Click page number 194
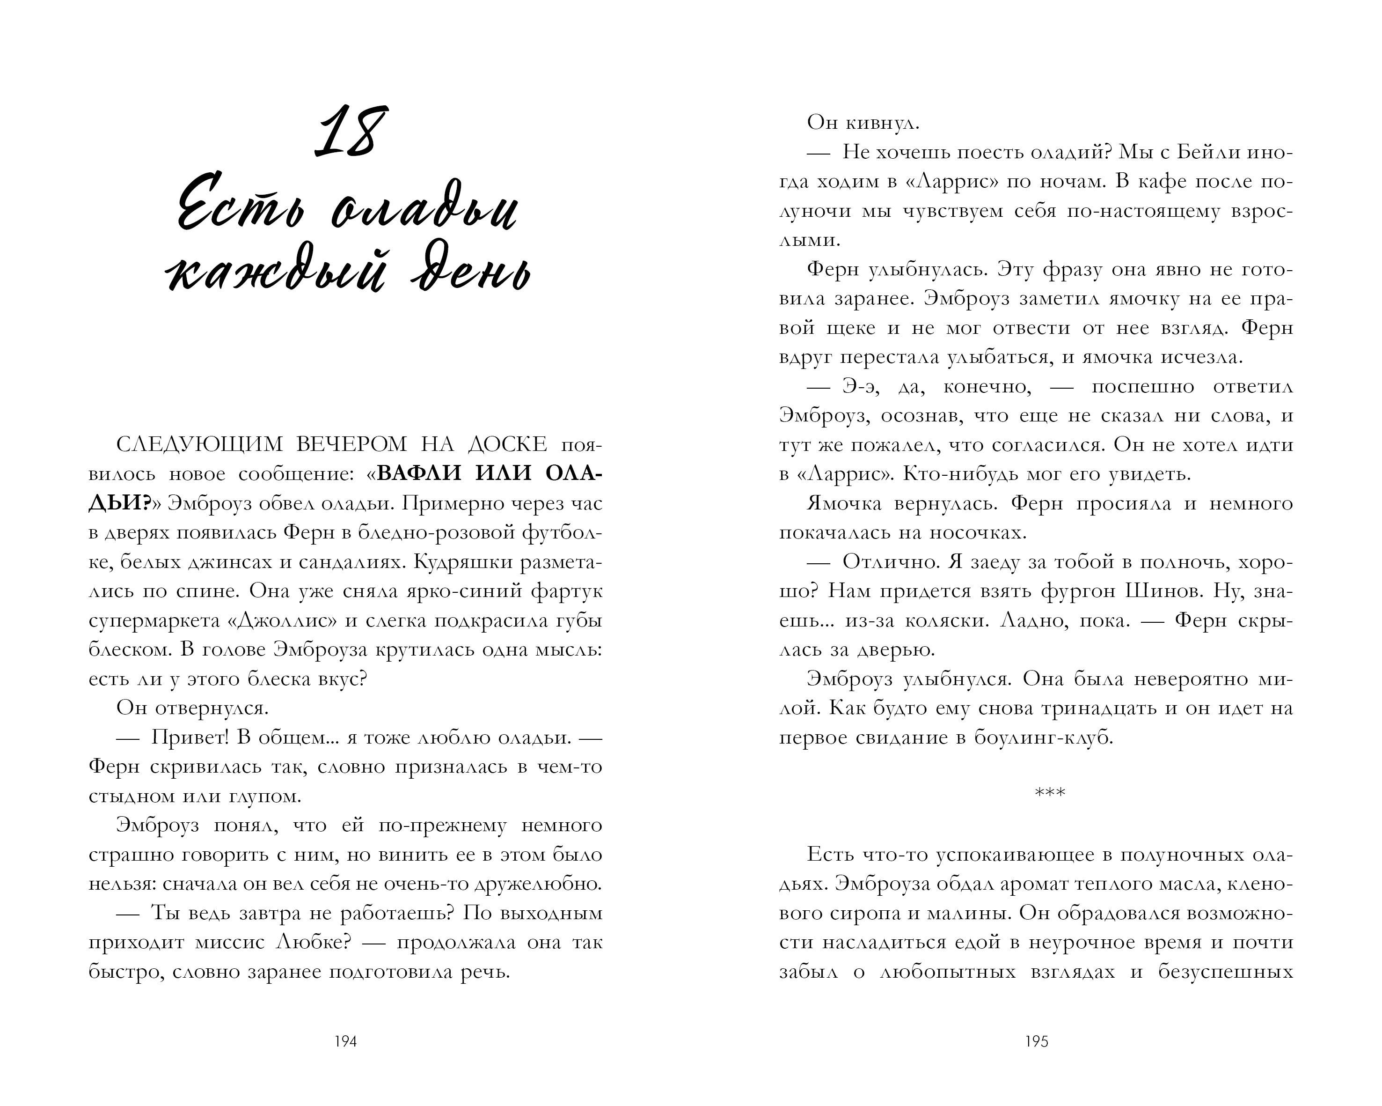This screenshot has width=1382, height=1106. click(345, 1042)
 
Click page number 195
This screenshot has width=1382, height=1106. click(1037, 1042)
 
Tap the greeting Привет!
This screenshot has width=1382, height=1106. click(190, 738)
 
